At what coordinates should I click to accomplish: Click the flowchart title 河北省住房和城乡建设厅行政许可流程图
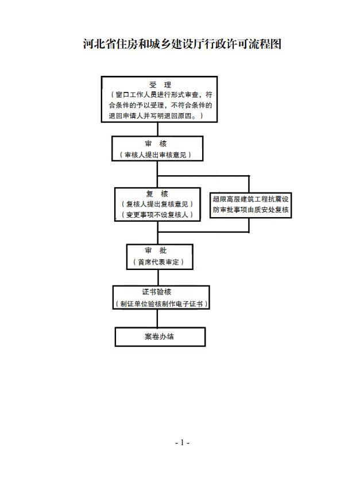182,44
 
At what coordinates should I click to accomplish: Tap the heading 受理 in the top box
160,84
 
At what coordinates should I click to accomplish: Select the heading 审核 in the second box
156,144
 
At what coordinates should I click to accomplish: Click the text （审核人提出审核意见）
156,155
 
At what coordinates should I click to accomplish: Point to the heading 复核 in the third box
157,194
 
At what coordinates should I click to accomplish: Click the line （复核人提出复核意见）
157,204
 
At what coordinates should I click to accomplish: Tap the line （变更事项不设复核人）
157,214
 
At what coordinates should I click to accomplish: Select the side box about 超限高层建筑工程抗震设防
251,205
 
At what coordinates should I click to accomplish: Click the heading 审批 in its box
156,250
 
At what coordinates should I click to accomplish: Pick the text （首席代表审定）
158,262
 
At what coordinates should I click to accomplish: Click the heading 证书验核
156,292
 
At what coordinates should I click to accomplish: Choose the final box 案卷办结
160,337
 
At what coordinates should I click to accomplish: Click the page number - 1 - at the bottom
182,443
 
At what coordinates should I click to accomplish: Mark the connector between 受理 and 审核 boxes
157,129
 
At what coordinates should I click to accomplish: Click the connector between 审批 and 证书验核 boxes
158,278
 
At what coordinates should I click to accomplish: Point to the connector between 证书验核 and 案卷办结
157,318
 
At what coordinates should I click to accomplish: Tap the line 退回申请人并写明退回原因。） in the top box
156,116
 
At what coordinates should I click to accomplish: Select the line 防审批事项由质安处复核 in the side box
251,210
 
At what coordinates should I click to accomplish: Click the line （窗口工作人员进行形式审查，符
161,95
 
